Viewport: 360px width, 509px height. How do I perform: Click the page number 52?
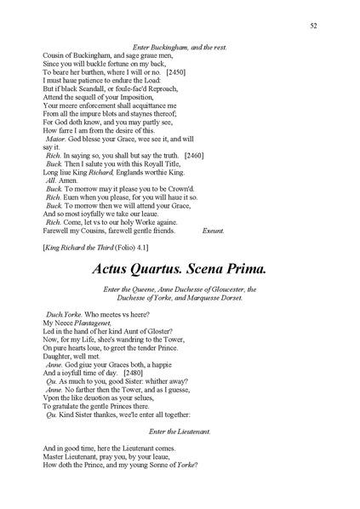(x=313, y=27)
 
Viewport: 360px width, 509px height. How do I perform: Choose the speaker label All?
(x=50, y=181)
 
